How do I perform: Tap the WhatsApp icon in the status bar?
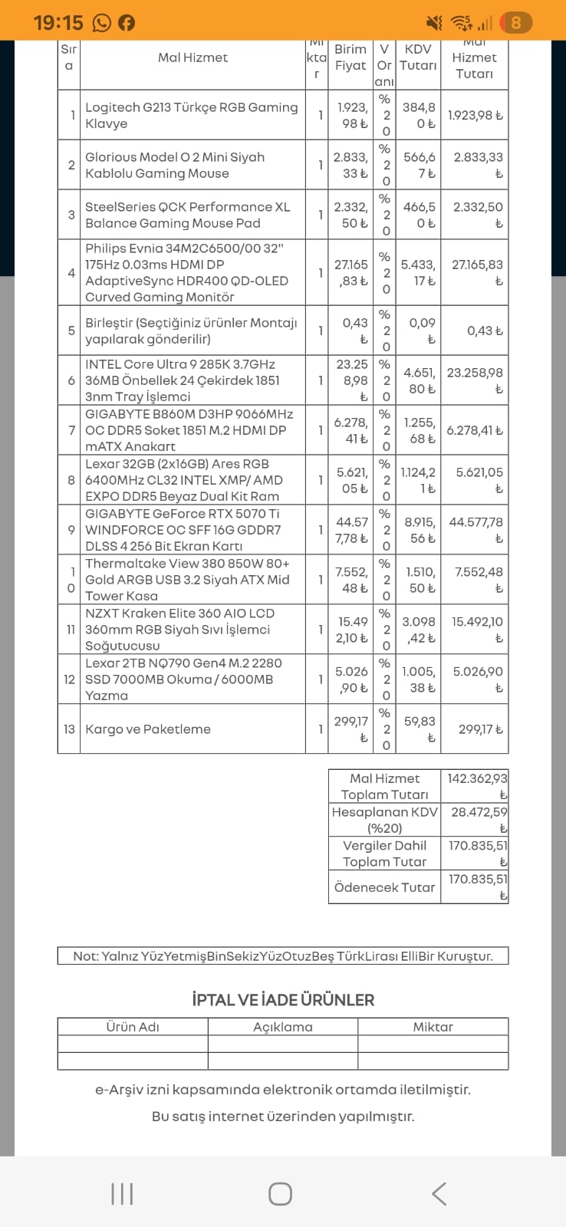click(x=102, y=23)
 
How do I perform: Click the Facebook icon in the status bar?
click(x=127, y=23)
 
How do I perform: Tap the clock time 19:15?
click(x=58, y=23)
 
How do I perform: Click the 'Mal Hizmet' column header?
click(x=193, y=58)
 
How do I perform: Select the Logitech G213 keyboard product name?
click(x=191, y=116)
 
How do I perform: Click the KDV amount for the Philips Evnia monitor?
click(x=418, y=273)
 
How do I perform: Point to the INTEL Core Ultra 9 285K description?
click(x=183, y=380)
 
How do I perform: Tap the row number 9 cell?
click(x=71, y=530)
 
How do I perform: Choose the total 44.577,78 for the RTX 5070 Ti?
click(x=476, y=530)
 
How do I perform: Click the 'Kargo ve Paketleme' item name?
click(x=148, y=729)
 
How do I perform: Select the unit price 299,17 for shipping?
click(x=350, y=729)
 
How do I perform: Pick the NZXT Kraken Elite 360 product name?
click(x=179, y=630)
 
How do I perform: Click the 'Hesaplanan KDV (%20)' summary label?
click(x=384, y=820)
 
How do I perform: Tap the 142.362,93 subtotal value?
click(x=476, y=786)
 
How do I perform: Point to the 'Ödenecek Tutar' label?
click(x=384, y=887)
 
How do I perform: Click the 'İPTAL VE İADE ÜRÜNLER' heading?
click(x=283, y=1000)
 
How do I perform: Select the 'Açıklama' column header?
click(x=283, y=1027)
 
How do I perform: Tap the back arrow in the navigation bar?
click(x=439, y=1193)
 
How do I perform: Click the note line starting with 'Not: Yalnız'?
click(x=283, y=956)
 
